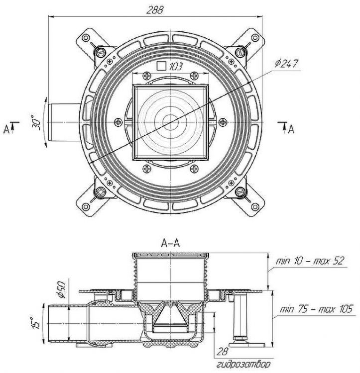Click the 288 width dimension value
tap(156, 9)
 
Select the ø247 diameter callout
tap(288, 64)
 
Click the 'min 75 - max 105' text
tap(315, 308)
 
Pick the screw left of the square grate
tap(118, 121)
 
